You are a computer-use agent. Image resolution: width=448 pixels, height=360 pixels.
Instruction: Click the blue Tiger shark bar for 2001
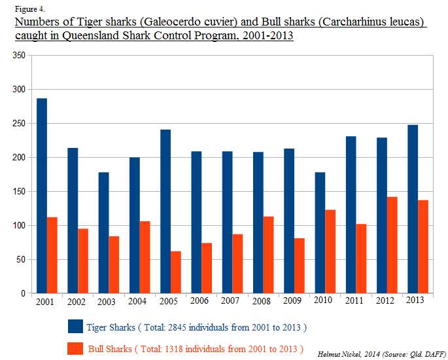pos(42,196)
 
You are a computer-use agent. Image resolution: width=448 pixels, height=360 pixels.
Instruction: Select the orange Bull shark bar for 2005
pos(176,272)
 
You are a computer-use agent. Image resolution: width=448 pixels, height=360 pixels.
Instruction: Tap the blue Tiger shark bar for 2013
pos(413,209)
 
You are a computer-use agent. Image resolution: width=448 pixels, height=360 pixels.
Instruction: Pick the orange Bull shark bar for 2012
pos(392,245)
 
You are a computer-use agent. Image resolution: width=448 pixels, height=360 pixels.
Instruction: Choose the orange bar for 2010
pos(330,251)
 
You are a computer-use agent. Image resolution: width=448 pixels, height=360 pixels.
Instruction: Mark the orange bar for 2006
pos(207,268)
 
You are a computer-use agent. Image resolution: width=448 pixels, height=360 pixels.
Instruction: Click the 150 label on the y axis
pos(19,192)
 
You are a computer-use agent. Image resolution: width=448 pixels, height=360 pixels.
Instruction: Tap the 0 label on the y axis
pos(23,294)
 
